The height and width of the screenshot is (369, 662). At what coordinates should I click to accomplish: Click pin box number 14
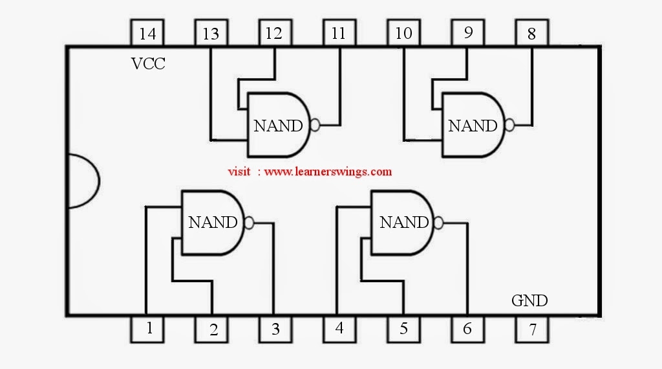point(147,32)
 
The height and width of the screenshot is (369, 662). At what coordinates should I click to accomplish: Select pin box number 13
point(211,32)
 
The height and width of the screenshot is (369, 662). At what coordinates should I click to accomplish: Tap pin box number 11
point(339,32)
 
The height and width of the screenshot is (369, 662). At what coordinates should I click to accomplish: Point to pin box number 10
point(403,32)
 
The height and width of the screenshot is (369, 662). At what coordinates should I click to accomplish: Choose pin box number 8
point(532,32)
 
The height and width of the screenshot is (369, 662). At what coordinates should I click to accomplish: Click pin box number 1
point(147,330)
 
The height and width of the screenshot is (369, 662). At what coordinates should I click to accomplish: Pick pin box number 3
point(275,330)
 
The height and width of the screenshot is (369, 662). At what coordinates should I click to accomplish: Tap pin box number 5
point(403,330)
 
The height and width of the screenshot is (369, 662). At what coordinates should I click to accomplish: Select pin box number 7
point(532,330)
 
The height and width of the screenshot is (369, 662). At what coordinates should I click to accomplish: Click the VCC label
point(148,64)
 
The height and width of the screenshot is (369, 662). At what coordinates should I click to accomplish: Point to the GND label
point(529,300)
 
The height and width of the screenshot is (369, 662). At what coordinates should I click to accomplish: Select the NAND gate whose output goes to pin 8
point(473,125)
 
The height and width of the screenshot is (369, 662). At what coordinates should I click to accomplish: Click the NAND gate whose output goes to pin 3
point(213,222)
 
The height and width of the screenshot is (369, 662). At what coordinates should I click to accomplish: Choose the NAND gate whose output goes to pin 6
point(403,222)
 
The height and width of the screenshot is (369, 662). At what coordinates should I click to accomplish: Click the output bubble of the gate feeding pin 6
point(439,223)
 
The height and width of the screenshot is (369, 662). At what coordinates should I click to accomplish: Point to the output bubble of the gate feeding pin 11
point(315,125)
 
